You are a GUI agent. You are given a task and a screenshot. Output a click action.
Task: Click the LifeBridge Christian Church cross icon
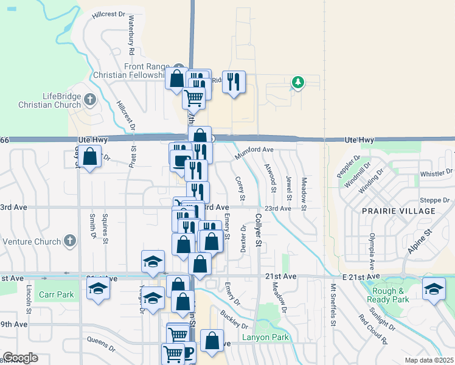point(89,99)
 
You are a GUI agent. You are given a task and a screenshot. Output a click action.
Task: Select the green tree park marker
point(297,82)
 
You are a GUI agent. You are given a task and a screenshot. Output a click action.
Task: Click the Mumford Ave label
point(254,149)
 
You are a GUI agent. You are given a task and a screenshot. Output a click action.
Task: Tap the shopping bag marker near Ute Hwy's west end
point(89,157)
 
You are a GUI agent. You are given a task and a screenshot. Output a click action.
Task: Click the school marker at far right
point(434,289)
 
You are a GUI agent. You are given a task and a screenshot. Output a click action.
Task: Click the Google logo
point(20,358)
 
